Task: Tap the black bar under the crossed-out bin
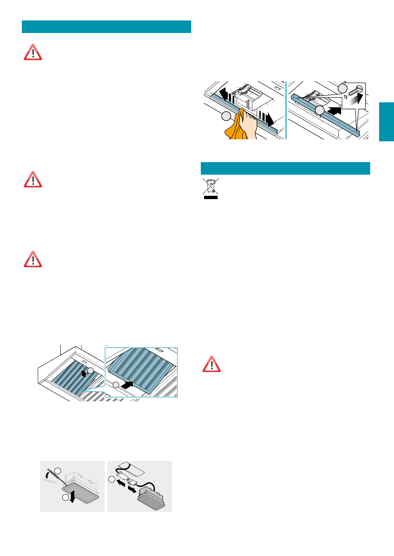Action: [211, 197]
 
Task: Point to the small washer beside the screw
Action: [345, 97]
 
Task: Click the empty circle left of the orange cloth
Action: [226, 116]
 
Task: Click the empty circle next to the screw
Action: [343, 88]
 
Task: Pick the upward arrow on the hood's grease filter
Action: [84, 373]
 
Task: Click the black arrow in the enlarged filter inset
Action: [127, 385]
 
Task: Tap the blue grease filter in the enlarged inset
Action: [142, 366]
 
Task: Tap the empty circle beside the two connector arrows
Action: [112, 479]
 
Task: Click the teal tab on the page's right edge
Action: [386, 122]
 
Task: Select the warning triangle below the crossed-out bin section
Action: [211, 365]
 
